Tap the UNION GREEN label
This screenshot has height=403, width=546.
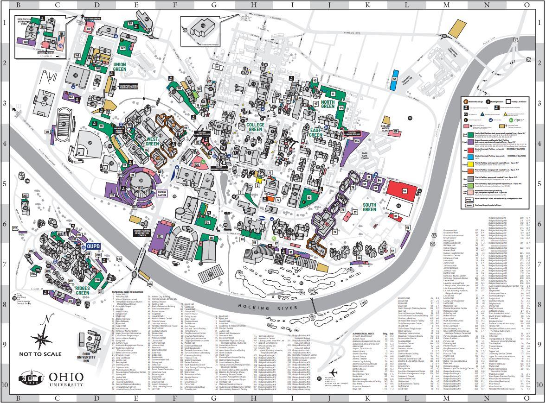point(120,67)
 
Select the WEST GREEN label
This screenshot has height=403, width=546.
point(153,141)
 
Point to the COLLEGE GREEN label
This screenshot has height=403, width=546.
point(255,127)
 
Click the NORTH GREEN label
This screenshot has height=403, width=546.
point(328,104)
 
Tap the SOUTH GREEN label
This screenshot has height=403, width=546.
point(369,207)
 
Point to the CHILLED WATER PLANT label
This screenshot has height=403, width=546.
point(385,128)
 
